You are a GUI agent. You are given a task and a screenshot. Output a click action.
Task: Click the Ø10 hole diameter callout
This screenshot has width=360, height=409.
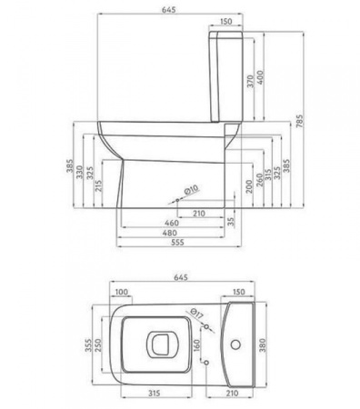point(192,190)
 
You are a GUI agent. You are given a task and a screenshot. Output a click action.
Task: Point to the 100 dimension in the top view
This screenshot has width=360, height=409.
point(122,293)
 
